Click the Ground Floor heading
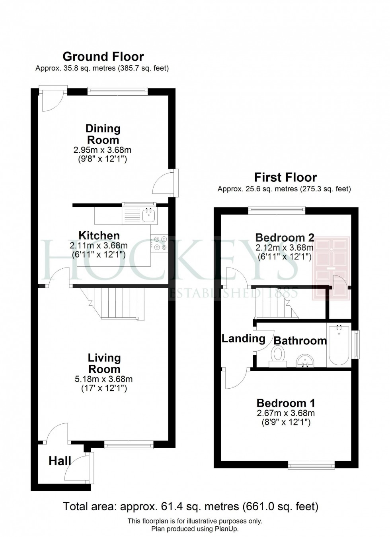tap(103, 57)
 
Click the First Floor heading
tap(285, 177)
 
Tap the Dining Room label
tap(103, 134)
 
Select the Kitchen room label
tap(99, 235)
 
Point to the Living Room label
tap(104, 363)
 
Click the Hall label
tap(60, 461)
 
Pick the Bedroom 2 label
tap(285, 238)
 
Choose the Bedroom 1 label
tap(285, 403)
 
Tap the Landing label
tap(243, 338)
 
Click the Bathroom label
tap(300, 340)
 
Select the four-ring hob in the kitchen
tap(159, 243)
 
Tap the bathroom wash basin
tap(305, 361)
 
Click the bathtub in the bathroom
tap(339, 346)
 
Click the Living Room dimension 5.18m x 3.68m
tap(103, 379)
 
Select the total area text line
tap(191, 507)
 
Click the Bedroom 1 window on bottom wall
tap(311, 464)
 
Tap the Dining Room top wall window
tap(117, 91)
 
